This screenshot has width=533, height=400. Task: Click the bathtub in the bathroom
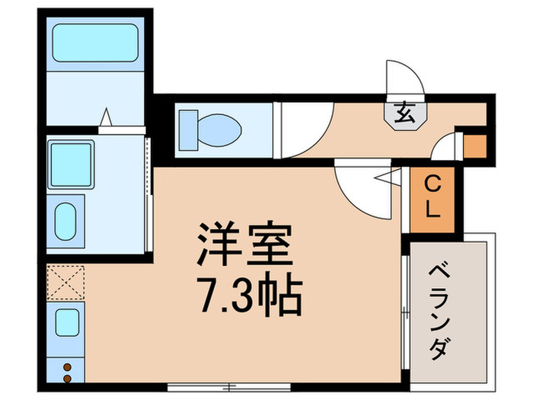(94, 46)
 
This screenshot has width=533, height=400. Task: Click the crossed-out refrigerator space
(66, 283)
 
